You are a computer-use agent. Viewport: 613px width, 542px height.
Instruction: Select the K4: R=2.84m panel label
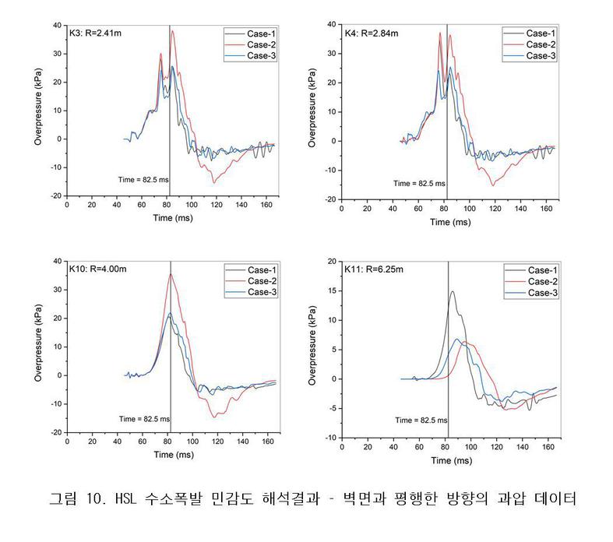[372, 33]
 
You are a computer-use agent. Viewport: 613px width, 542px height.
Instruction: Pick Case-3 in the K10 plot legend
[260, 292]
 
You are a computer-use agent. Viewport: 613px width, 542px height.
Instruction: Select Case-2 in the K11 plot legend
[540, 281]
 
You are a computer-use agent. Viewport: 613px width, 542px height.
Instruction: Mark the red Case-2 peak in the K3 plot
[173, 30]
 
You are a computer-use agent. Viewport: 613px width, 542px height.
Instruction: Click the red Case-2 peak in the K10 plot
[171, 273]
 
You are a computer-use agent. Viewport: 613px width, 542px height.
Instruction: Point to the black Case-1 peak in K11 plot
[453, 291]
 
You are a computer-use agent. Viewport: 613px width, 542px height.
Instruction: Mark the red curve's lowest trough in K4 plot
[493, 185]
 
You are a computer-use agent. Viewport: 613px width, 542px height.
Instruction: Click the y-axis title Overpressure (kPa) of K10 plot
[38, 347]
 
